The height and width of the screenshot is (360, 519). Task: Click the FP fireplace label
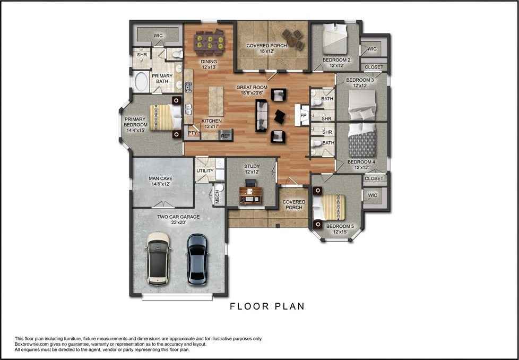[303, 116]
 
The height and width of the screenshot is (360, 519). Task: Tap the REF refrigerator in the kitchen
[226, 135]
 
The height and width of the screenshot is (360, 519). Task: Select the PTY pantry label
[192, 133]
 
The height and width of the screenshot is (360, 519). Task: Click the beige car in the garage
[158, 259]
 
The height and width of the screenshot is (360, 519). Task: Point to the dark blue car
[197, 259]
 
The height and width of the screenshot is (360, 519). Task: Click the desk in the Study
[251, 194]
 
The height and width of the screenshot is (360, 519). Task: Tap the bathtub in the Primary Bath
[141, 82]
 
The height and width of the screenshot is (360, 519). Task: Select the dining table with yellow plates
[210, 42]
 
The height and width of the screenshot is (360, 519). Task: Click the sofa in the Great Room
[262, 115]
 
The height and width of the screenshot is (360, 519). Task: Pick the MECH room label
[217, 195]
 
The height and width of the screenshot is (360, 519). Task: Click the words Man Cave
[161, 178]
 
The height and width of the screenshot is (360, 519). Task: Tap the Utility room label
[205, 170]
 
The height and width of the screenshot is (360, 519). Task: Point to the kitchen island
[216, 101]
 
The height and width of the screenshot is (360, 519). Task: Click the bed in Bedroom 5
[329, 207]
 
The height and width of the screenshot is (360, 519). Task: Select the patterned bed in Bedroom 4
[362, 140]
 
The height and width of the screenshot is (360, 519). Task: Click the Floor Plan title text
[267, 306]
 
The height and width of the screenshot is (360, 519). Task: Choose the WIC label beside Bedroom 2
[372, 49]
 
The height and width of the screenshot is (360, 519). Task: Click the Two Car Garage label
[178, 217]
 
